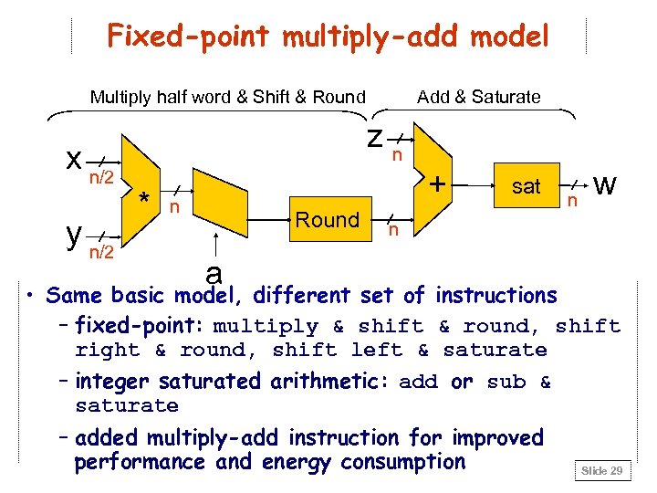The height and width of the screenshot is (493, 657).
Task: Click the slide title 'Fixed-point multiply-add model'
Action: click(328, 37)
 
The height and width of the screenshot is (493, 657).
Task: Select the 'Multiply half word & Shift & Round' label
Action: click(227, 97)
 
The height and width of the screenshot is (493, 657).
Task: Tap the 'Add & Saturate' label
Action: click(478, 97)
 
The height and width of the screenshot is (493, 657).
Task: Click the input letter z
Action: click(374, 137)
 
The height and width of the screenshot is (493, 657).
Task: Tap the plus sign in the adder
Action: click(438, 184)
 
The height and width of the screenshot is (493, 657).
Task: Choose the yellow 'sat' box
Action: click(526, 186)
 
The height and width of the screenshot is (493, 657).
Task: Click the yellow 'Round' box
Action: click(328, 220)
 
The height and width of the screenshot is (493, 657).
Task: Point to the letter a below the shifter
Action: click(214, 272)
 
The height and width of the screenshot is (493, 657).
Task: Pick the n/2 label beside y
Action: click(100, 253)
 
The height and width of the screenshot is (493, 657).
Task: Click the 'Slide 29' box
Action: click(602, 470)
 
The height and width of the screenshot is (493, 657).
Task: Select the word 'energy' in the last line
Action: click(370, 462)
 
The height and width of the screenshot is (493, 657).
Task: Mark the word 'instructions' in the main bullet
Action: click(495, 296)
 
